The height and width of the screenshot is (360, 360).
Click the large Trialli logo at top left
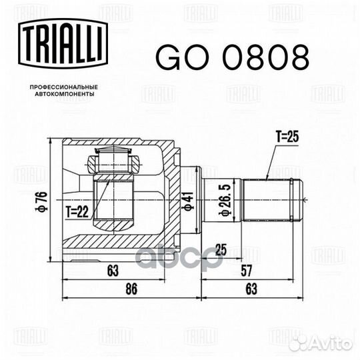click(x=63, y=43)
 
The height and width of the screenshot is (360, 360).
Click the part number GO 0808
click(x=233, y=57)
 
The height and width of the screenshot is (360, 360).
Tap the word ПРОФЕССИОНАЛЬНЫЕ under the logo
click(x=64, y=87)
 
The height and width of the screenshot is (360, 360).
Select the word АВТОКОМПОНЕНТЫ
click(x=65, y=94)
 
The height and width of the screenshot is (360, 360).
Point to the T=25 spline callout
click(x=287, y=137)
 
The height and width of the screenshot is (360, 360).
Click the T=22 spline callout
click(x=77, y=212)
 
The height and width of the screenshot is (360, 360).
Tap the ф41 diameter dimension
click(x=188, y=201)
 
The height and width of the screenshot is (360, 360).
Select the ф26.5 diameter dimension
click(x=224, y=199)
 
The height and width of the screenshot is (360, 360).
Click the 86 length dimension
click(x=131, y=289)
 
